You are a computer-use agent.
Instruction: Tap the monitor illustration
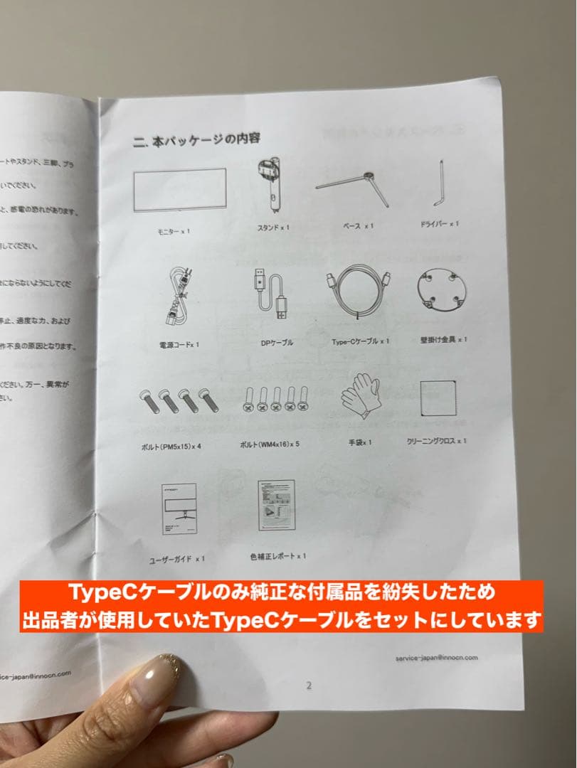(180, 190)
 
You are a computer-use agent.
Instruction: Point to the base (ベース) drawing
(354, 187)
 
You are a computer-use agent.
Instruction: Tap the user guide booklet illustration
(179, 509)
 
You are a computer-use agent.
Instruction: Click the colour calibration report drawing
(276, 505)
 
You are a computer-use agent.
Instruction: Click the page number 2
(309, 686)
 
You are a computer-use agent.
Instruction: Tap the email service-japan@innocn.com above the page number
(436, 658)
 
